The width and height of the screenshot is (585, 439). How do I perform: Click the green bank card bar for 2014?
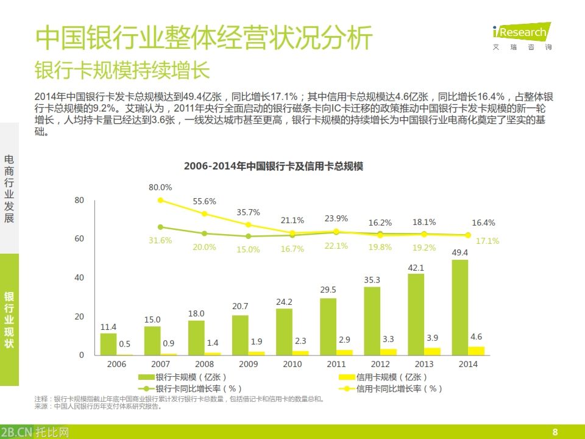point(460,307)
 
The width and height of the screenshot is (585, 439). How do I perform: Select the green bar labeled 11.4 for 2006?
point(108,344)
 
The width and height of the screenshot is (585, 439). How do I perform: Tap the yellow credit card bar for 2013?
point(432,351)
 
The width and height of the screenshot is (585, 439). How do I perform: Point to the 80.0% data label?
point(160,187)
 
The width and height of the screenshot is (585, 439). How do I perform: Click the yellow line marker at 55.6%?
point(204,214)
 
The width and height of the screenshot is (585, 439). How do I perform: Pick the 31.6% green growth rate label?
point(160,240)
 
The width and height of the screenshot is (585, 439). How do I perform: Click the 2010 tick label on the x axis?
point(292,364)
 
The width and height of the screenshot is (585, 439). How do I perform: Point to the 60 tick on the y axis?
point(79,239)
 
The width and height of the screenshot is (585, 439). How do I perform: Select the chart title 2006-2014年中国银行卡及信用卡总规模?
point(274,166)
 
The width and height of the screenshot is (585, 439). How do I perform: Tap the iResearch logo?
point(521,34)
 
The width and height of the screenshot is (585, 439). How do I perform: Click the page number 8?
point(555,432)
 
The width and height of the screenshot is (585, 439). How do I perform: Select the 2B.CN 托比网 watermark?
point(35,432)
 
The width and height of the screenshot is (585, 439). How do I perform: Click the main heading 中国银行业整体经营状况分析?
point(204,38)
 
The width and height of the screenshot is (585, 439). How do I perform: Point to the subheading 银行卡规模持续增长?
point(122,71)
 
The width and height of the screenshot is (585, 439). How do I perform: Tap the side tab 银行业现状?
point(9,320)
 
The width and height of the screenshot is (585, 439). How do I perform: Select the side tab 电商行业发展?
point(9,188)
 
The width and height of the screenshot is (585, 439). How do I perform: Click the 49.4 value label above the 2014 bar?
point(459,252)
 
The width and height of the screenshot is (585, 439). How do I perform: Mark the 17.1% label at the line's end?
point(487,241)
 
